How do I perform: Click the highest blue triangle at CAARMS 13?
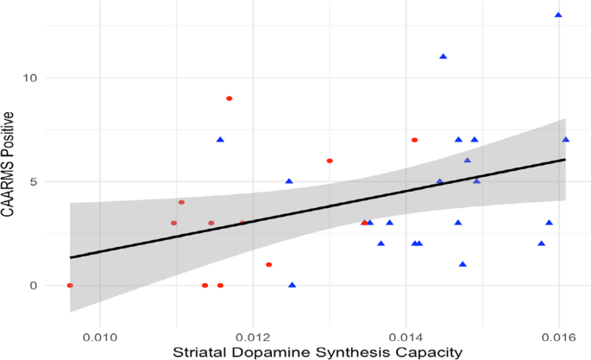(x=558, y=15)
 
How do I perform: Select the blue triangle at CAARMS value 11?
(x=443, y=57)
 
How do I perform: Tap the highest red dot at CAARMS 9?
(x=229, y=98)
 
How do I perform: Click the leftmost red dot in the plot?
(x=70, y=286)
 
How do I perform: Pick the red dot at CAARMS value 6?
(x=330, y=161)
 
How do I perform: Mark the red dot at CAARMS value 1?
(x=269, y=264)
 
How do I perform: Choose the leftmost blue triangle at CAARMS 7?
(x=220, y=140)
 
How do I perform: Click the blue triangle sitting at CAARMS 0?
(x=292, y=285)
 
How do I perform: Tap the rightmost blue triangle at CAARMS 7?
(x=566, y=140)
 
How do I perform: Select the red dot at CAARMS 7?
(x=415, y=140)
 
